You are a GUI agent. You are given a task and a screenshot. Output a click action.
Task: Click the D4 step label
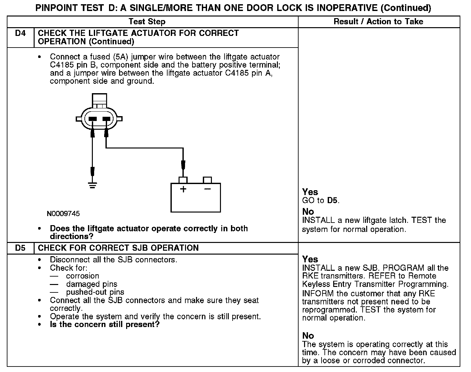tap(20, 33)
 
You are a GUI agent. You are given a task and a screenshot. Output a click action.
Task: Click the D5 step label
tap(20, 248)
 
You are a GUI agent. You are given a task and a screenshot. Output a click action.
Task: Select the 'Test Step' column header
tap(147, 22)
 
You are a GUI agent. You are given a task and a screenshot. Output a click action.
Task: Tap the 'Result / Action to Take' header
tap(378, 22)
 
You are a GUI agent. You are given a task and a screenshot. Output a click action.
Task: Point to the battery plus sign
tap(183, 189)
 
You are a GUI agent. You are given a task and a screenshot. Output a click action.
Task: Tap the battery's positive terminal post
tap(183, 180)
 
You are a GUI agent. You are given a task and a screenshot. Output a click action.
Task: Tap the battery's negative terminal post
tap(207, 180)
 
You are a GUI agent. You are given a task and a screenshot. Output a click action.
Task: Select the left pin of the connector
tap(93, 119)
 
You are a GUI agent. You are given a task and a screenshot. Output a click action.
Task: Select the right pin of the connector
tap(106, 119)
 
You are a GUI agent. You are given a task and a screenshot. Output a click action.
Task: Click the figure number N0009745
tap(63, 213)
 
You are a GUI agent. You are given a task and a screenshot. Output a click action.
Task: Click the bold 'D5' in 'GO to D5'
tap(332, 201)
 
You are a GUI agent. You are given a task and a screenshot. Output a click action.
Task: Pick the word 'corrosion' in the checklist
tap(82, 276)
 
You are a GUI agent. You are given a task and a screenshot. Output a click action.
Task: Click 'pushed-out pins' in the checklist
tap(95, 292)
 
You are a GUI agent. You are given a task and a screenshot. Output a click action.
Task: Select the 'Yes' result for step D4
tap(310, 192)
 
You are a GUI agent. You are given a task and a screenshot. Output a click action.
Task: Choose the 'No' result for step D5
tap(308, 335)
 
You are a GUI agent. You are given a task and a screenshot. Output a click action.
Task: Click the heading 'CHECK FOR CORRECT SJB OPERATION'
tap(118, 248)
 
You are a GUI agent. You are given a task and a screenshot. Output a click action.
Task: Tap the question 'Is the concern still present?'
tap(104, 324)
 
